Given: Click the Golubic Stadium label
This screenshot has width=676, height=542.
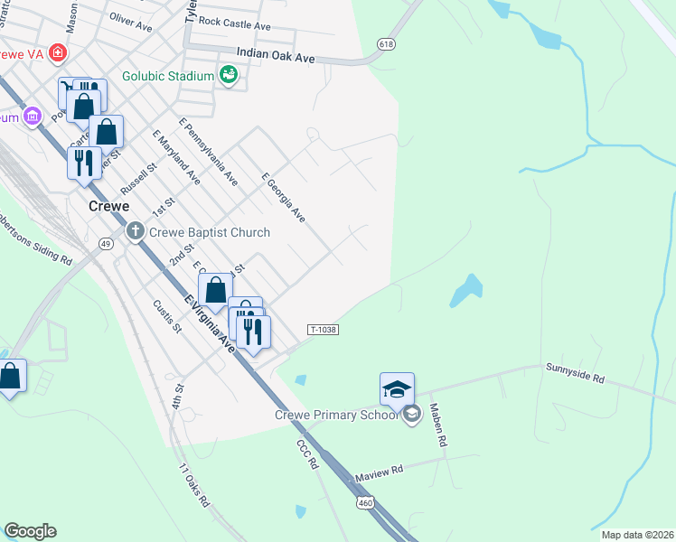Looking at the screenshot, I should point(168,77).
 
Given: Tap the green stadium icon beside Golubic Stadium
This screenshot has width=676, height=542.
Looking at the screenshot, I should point(229,77).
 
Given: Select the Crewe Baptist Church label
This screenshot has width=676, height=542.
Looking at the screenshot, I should point(210,232).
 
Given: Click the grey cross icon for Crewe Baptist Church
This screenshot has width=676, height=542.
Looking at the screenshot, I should point(136,232).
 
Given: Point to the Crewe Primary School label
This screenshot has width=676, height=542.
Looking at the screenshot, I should point(336,415).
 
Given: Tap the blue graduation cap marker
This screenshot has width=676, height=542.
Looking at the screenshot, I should point(397,389).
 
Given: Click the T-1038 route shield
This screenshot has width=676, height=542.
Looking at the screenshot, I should point(323,330).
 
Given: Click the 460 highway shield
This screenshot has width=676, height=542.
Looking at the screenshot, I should point(365,501).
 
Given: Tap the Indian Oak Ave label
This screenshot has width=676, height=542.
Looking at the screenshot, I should point(276,57).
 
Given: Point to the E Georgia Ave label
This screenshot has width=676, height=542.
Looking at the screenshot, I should point(283,199).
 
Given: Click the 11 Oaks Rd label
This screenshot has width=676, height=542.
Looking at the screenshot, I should point(194,485).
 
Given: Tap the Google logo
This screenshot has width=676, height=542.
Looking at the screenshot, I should point(30,530).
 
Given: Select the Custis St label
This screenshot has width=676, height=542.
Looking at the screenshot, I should point(167,315).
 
